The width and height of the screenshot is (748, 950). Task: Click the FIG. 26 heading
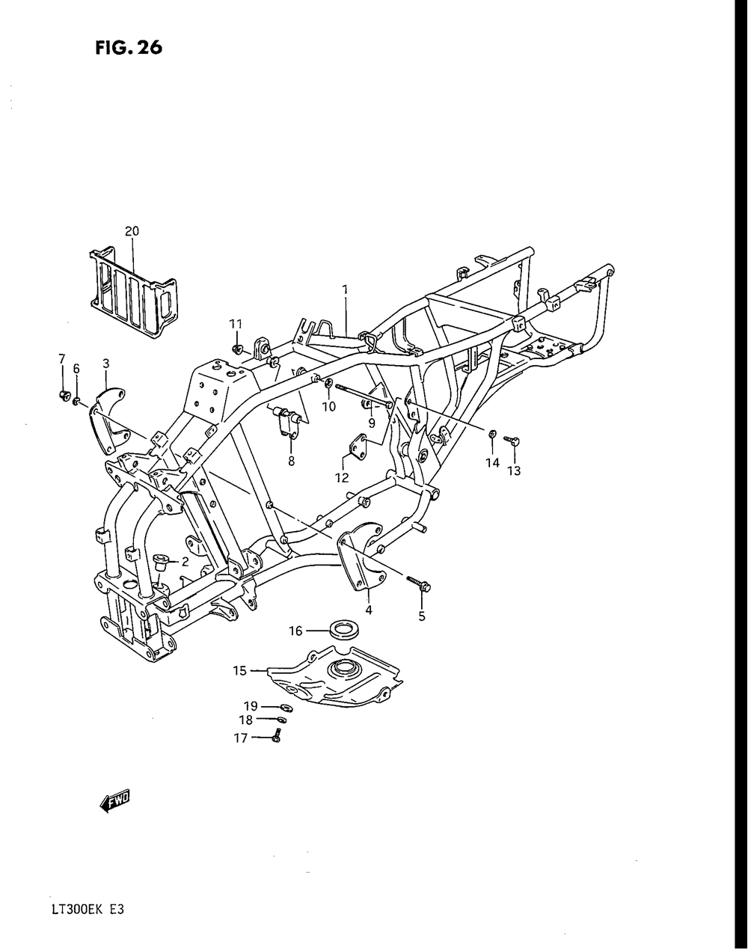point(129,48)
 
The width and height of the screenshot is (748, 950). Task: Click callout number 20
point(132,231)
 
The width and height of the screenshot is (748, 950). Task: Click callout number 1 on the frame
point(346,289)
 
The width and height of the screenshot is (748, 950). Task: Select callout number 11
point(236,324)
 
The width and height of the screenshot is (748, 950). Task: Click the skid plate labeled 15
point(329,681)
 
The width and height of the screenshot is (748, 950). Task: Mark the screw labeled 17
point(278,738)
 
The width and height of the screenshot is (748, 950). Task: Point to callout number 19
point(250,705)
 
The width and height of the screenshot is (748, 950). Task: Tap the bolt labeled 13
point(514,444)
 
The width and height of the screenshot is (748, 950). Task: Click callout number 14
point(491,463)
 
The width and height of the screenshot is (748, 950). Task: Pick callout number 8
point(291,462)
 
